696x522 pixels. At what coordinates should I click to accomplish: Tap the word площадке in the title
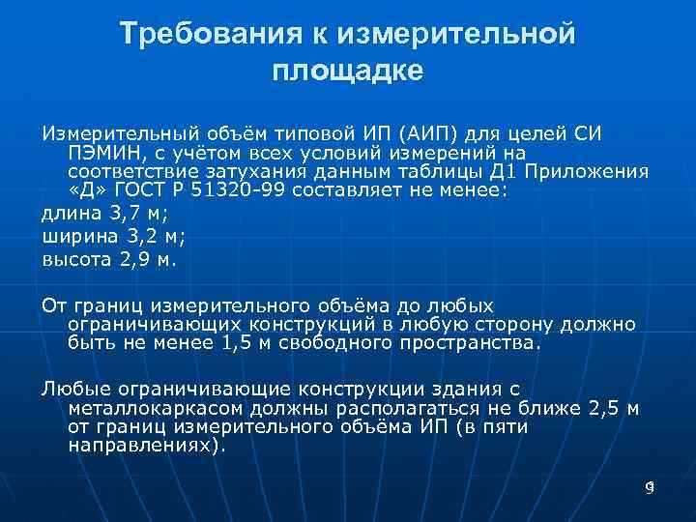tap(348, 71)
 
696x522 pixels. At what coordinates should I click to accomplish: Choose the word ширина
tap(76, 237)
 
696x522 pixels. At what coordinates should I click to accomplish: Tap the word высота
tap(75, 259)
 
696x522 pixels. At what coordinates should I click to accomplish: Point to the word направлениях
tap(141, 446)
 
